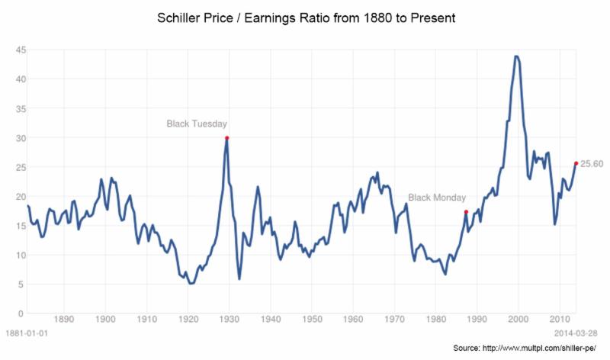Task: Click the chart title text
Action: click(305, 17)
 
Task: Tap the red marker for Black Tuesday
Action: click(226, 138)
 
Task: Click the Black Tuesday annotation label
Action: click(197, 124)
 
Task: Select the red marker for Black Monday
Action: click(466, 212)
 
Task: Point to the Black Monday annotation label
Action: click(436, 198)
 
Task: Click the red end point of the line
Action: click(575, 163)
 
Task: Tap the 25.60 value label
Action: click(592, 163)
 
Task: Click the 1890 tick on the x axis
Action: click(64, 320)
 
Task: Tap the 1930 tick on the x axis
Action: click(229, 320)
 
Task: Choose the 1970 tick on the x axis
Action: click(393, 320)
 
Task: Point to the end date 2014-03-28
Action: click(577, 333)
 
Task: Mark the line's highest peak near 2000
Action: click(517, 56)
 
